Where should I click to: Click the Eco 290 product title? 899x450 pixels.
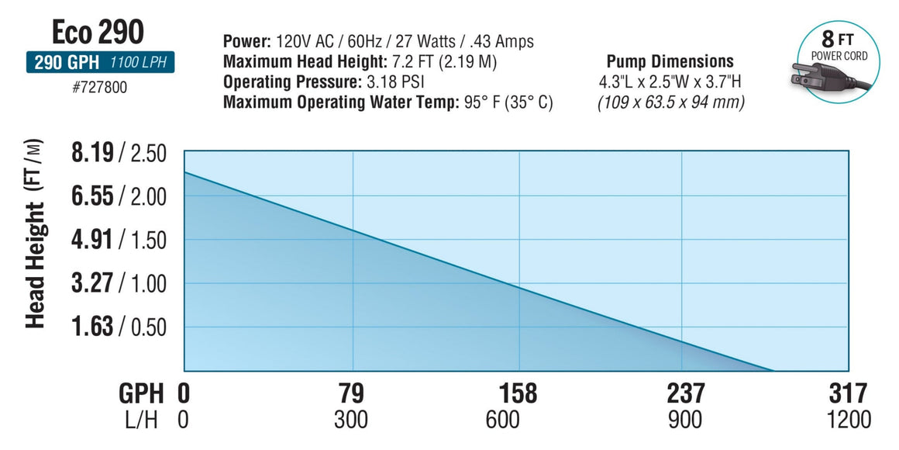[x=98, y=32]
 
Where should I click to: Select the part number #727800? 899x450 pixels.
[x=98, y=88]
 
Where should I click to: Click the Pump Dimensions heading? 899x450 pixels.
[x=670, y=61]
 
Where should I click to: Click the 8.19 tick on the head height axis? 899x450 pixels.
[x=91, y=153]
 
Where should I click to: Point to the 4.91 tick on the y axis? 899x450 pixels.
[x=91, y=240]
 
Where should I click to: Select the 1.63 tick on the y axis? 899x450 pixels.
[x=91, y=327]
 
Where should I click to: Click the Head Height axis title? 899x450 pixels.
[x=35, y=233]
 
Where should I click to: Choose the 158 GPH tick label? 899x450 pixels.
[x=518, y=393]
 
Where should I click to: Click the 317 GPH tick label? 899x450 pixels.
[x=849, y=393]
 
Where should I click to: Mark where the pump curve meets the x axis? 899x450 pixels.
[x=773, y=371]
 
